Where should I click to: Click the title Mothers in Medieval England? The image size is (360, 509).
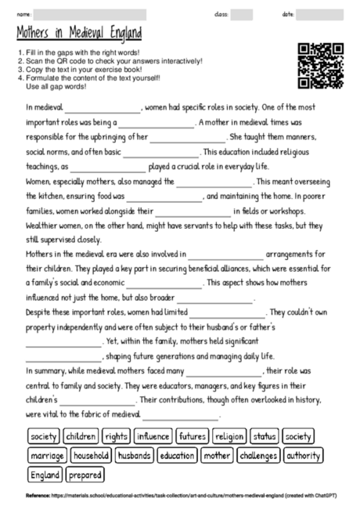tap(79, 34)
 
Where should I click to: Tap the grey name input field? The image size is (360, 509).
tap(90, 14)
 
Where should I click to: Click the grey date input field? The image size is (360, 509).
tap(321, 14)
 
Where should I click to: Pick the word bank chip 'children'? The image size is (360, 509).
tap(81, 435)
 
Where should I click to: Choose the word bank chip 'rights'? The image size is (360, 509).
tap(117, 435)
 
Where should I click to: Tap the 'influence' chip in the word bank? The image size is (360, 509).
tap(153, 435)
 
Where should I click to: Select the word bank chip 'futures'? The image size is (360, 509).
tap(192, 435)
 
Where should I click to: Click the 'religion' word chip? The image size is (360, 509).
tap(229, 435)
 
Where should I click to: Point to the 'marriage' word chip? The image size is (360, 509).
tap(46, 455)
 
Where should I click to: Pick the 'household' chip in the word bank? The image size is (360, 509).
tap(92, 455)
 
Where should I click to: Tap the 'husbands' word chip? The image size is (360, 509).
tap(135, 455)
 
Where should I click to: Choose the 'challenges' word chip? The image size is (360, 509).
tap(257, 455)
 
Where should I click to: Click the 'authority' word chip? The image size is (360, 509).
tap(303, 455)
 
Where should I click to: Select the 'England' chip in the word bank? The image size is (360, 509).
tap(45, 475)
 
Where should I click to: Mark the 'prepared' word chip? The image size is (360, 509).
tap(85, 475)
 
